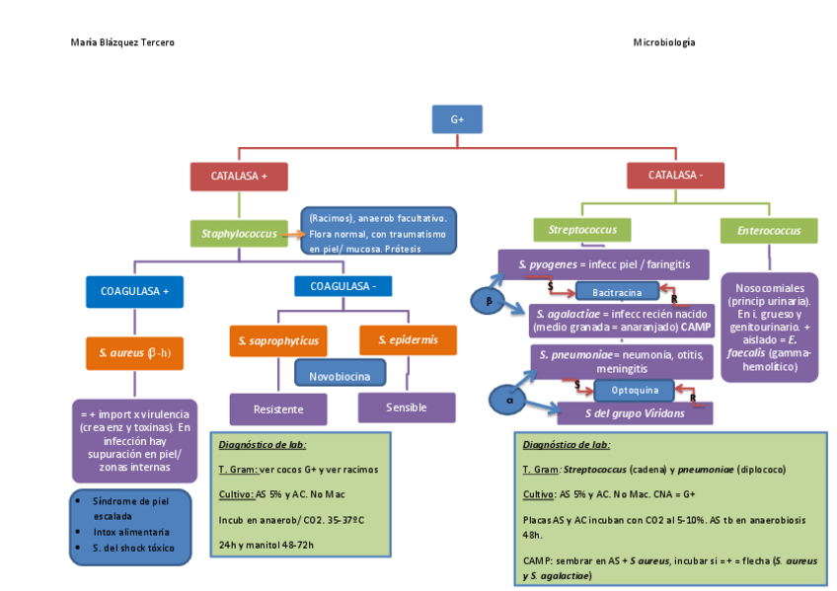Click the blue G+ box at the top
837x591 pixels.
[457, 119]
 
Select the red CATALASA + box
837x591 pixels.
[239, 177]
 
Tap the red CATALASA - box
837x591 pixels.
[675, 176]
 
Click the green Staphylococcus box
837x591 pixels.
[239, 234]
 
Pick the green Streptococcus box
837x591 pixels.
[582, 231]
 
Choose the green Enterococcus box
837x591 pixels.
[769, 231]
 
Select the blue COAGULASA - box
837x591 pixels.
[342, 286]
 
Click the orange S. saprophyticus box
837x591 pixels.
[278, 340]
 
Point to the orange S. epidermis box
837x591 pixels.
[408, 340]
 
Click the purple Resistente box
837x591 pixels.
[278, 408]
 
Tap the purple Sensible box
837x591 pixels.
[407, 406]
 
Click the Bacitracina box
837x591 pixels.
[616, 292]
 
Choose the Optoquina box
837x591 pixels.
[634, 390]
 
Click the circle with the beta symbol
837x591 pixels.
[487, 302]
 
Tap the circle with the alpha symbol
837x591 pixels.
[510, 400]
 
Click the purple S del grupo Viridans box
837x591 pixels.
[635, 413]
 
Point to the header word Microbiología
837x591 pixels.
[663, 42]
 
